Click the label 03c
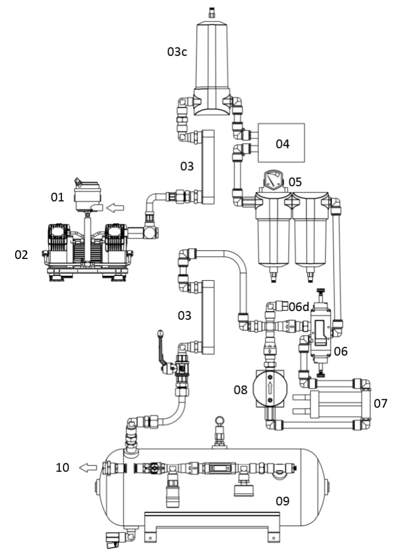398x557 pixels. pyautogui.click(x=177, y=52)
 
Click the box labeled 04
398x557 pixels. pyautogui.click(x=281, y=143)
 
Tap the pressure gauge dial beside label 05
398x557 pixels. pyautogui.click(x=272, y=179)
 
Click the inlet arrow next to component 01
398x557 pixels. pyautogui.click(x=115, y=208)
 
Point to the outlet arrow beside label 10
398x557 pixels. pyautogui.click(x=88, y=468)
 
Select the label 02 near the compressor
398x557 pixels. pyautogui.click(x=21, y=255)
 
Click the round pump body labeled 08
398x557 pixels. pyautogui.click(x=270, y=388)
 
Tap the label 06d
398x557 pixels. pyautogui.click(x=298, y=307)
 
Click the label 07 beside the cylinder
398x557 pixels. pyautogui.click(x=381, y=404)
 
